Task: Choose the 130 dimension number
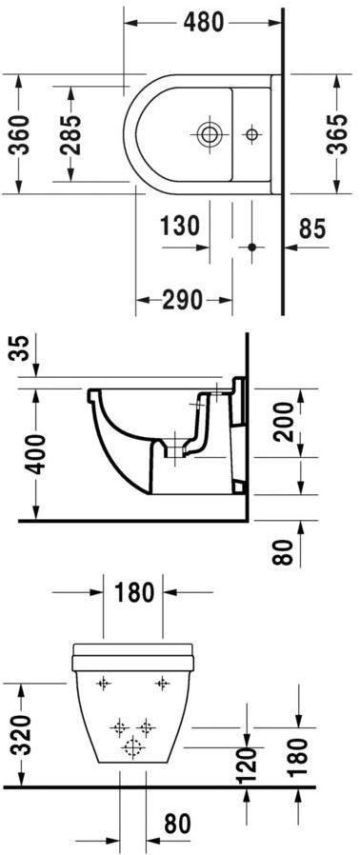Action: coord(180,227)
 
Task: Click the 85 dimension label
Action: coord(311,229)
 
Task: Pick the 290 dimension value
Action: coord(184,300)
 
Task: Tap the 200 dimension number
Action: coord(282,420)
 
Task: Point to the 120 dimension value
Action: coord(247,763)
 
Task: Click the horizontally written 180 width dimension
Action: coord(134,592)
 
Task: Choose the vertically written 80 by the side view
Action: coord(282,552)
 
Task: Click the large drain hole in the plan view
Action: coord(208,134)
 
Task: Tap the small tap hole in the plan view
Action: coord(252,134)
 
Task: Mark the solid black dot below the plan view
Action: coord(252,247)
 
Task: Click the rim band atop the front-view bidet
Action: coord(134,654)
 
